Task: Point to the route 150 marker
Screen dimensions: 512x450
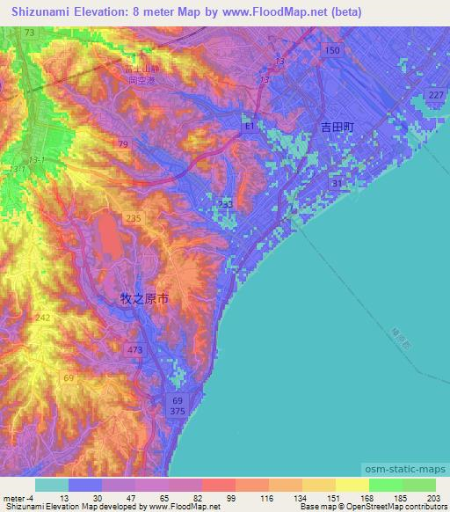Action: (x=331, y=51)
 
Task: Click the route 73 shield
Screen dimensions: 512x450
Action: (x=29, y=33)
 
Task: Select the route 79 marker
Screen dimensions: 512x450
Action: (x=123, y=144)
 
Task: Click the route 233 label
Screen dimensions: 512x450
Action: (x=226, y=204)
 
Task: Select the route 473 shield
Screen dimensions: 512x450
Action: (x=134, y=350)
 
